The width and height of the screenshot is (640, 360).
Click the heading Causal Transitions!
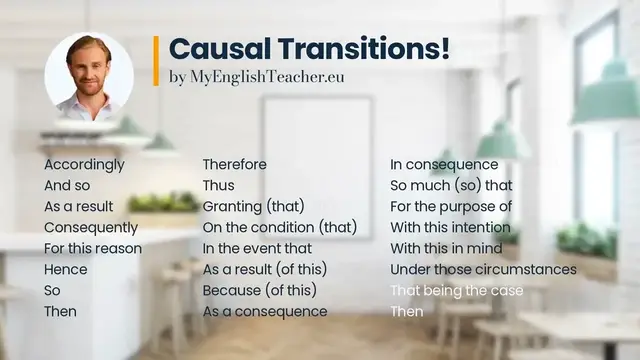point(309,47)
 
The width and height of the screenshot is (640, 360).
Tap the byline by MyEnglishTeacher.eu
point(257,76)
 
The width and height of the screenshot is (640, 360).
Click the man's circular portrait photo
point(89,76)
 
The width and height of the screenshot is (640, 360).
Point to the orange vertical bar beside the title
point(156,59)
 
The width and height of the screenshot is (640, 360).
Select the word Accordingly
point(84,165)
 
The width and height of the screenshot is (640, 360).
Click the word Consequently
point(91,227)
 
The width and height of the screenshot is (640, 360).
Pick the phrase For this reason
point(93,248)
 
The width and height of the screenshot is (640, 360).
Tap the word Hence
point(66,269)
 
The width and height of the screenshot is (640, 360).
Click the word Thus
point(220,186)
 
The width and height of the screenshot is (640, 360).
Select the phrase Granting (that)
point(254,207)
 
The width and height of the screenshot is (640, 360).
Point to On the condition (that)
point(279,227)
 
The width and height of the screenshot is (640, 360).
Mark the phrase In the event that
point(257,248)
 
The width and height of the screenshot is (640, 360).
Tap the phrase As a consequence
point(265,311)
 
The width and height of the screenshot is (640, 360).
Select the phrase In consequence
point(444,165)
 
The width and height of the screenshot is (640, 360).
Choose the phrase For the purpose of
point(451,207)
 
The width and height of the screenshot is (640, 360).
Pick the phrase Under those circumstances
point(483,269)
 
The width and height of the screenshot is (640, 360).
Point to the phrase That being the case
point(456,290)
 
